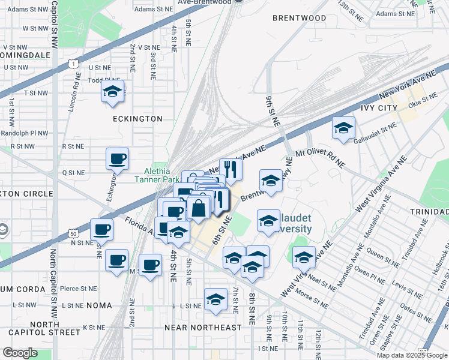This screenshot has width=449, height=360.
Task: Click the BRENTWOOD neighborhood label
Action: pyautogui.click(x=299, y=18)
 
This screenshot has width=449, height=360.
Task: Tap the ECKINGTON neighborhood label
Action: pyautogui.click(x=137, y=119)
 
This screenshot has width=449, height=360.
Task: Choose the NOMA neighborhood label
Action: pyautogui.click(x=98, y=305)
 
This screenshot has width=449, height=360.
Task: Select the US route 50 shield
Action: pyautogui.click(x=73, y=232)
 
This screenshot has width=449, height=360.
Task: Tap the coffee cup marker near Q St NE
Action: pyautogui.click(x=117, y=159)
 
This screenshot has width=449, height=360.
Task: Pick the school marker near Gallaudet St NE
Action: pyautogui.click(x=343, y=128)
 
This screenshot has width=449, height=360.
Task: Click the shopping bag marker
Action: pyautogui.click(x=199, y=209)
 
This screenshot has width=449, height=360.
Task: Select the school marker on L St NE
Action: pyautogui.click(x=215, y=299)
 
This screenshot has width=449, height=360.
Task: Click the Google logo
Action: pyautogui.click(x=20, y=353)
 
